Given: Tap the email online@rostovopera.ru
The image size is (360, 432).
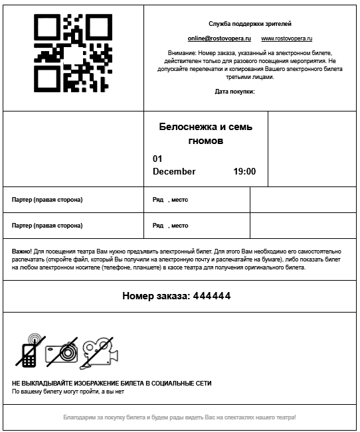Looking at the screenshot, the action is pyautogui.click(x=210, y=38).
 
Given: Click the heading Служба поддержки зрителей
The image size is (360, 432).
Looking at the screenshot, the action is pyautogui.click(x=249, y=23).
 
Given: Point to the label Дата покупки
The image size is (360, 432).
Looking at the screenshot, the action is pyautogui.click(x=234, y=92).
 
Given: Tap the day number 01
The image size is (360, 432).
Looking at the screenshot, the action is pyautogui.click(x=157, y=159).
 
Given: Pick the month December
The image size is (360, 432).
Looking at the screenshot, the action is pyautogui.click(x=174, y=172).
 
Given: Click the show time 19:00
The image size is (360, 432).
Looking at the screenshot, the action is pyautogui.click(x=244, y=172).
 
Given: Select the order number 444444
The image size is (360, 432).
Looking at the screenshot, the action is pyautogui.click(x=212, y=296).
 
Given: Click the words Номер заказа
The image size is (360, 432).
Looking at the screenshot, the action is pyautogui.click(x=155, y=296).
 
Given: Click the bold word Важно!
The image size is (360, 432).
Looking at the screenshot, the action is pyautogui.click(x=21, y=252).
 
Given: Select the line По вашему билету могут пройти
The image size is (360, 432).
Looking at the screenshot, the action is pyautogui.click(x=68, y=392).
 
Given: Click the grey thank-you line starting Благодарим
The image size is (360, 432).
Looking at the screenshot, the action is pyautogui.click(x=179, y=417).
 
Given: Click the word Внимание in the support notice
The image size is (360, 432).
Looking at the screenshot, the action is pyautogui.click(x=181, y=51).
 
